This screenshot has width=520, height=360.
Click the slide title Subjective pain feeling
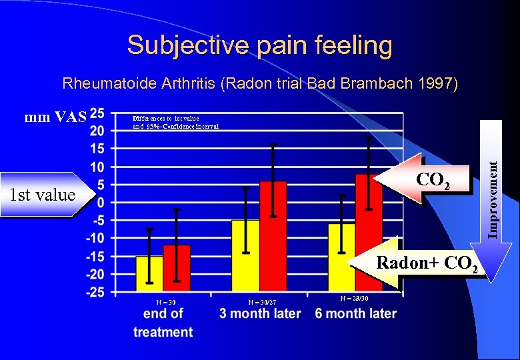[x=259, y=45]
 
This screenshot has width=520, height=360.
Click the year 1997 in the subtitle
[x=436, y=84]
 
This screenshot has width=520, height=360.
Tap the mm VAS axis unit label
[x=55, y=118]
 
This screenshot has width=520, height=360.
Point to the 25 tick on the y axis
[x=97, y=113]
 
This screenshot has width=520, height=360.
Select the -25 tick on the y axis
[x=95, y=292]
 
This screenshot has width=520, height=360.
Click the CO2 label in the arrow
[x=433, y=180]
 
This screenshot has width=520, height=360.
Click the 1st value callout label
[x=42, y=195]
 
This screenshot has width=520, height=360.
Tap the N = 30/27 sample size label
[x=261, y=302]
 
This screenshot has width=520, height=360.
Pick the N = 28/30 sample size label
[x=353, y=298]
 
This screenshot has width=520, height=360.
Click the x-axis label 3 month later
[x=260, y=313]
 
